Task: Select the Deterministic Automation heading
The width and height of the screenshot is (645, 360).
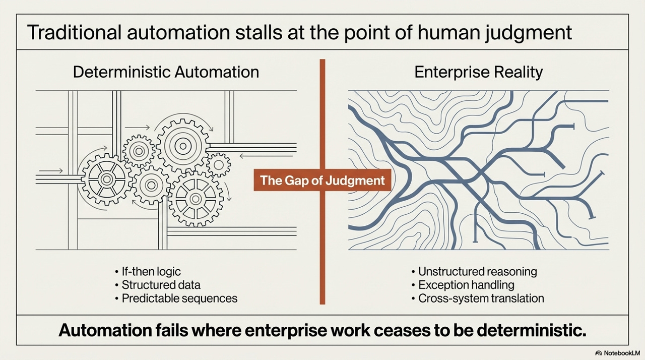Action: tap(166, 72)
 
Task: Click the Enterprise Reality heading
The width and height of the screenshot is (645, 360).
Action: tap(478, 72)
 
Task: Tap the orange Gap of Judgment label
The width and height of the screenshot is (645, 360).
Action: tap(322, 181)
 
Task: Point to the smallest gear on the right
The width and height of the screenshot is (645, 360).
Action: tap(219, 164)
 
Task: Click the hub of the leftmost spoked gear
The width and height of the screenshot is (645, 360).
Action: tap(106, 178)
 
